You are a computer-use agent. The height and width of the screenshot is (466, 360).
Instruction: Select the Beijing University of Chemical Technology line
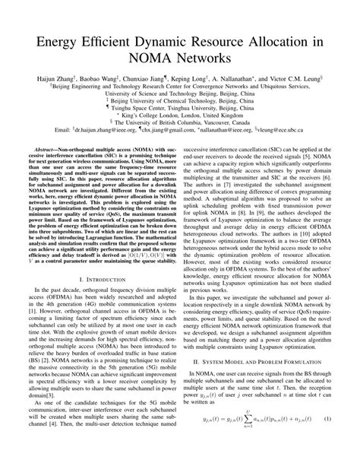(x=180, y=100)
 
